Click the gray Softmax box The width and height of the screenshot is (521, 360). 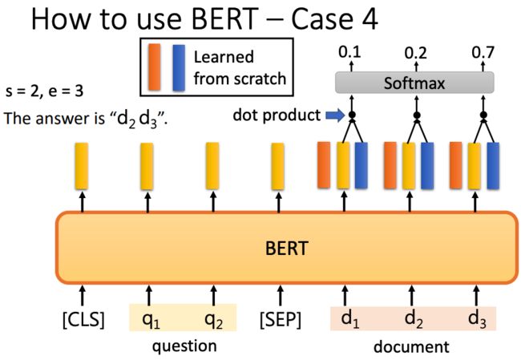coord(414,83)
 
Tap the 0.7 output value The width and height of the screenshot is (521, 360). coord(483,52)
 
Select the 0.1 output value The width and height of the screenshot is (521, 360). coord(349,52)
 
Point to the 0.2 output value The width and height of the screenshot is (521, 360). coord(416,53)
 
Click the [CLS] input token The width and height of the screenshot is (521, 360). coord(83,319)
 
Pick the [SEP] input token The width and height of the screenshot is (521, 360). coord(281,319)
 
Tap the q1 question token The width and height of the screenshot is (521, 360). coord(151,321)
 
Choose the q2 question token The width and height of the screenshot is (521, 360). coord(213,321)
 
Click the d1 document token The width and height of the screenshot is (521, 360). coord(350,319)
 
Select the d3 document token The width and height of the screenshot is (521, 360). coord(477,319)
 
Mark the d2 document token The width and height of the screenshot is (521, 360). coord(414,319)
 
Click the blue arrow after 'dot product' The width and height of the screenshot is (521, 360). coord(335,115)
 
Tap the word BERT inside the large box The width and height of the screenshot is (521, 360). coord(286,249)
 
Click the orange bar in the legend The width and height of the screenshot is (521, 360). coord(155,67)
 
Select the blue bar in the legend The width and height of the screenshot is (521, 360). coord(179,68)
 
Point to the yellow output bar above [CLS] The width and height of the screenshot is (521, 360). coord(82,166)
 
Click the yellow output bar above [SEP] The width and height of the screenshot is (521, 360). coord(278,166)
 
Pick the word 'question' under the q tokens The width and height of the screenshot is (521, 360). coord(184,346)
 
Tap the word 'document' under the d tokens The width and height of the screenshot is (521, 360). coord(411,346)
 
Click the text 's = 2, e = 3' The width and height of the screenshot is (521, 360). coord(44,91)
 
